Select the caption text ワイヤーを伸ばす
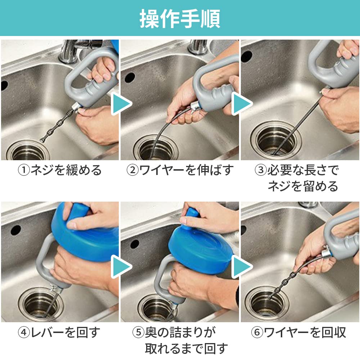point(186,170)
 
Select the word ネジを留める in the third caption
point(302,186)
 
